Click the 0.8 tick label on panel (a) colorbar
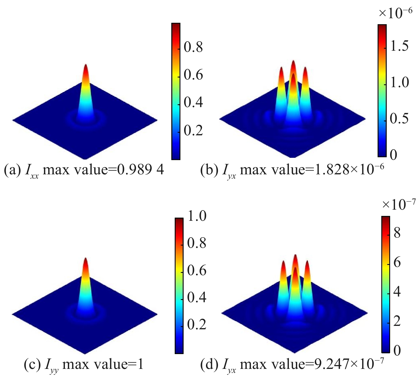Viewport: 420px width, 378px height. click(x=193, y=47)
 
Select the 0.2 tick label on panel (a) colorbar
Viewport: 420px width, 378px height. click(x=193, y=130)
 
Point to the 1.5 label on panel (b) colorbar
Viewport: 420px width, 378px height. click(x=399, y=46)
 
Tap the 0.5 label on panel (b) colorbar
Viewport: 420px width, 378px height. click(x=399, y=118)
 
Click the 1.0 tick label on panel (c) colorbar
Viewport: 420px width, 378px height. click(x=197, y=216)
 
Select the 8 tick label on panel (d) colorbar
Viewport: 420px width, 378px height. click(x=397, y=233)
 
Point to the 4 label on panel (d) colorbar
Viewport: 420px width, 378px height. click(x=397, y=292)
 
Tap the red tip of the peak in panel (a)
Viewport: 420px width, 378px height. click(x=86, y=67)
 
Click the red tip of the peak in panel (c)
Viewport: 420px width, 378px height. click(x=85, y=261)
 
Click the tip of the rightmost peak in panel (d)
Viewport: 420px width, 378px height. click(x=307, y=263)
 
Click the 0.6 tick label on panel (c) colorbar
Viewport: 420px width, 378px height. click(x=197, y=270)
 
